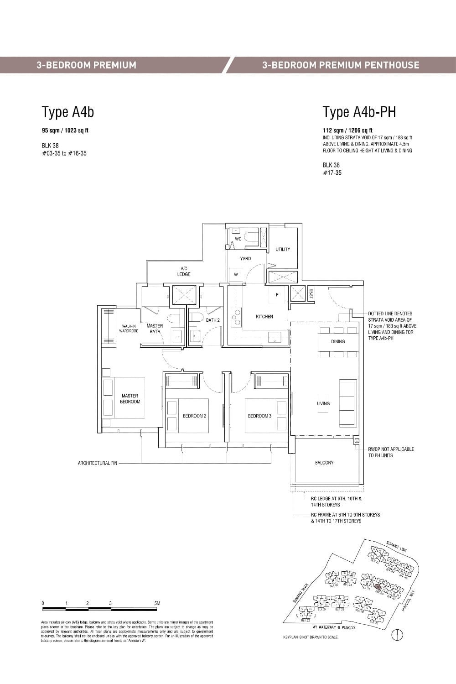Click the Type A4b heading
(67, 112)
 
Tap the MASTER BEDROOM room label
(130, 399)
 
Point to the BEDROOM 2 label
(194, 416)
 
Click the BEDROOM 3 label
(259, 416)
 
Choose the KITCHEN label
(264, 316)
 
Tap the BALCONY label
(324, 463)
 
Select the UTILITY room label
(283, 249)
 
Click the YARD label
(245, 258)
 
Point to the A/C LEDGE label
(184, 272)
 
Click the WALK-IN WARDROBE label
(129, 329)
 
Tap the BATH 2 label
(212, 320)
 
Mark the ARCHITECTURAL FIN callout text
(97, 463)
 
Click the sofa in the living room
(347, 403)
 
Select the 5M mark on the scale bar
(157, 603)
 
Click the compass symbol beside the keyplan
(397, 634)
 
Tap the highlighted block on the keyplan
(377, 587)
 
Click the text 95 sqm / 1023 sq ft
(65, 131)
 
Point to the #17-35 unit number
(332, 172)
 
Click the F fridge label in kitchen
(277, 295)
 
